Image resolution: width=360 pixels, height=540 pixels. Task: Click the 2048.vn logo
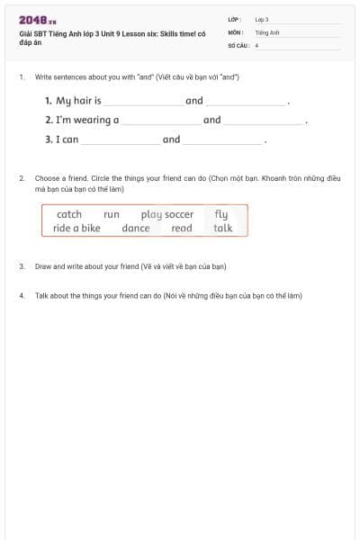click(38, 19)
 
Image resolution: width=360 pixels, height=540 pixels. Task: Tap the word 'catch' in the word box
click(69, 214)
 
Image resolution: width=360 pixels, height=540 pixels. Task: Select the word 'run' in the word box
click(112, 214)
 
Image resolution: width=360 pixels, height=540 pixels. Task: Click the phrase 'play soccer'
click(167, 214)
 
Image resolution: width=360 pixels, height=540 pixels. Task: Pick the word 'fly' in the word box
click(221, 214)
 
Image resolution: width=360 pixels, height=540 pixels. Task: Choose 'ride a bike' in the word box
click(77, 228)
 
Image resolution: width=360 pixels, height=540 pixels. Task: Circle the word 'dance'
click(136, 228)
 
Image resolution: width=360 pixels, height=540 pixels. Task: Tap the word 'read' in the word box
click(182, 228)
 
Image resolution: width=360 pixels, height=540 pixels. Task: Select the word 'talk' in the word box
click(223, 228)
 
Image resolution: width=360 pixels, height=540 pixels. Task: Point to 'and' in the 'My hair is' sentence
click(194, 101)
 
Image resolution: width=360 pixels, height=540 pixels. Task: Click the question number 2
click(21, 178)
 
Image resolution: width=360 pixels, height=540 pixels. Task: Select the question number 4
click(21, 295)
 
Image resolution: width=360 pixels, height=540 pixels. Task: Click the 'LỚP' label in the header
click(233, 19)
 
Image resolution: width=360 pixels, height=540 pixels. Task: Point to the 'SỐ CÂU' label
click(238, 44)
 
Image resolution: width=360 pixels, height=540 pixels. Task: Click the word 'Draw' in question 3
click(43, 266)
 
